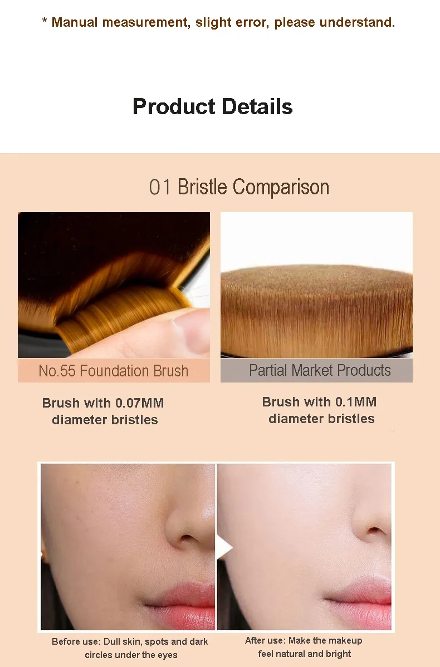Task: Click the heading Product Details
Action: click(212, 106)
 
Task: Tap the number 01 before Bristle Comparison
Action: click(160, 187)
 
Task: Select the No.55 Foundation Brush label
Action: click(114, 371)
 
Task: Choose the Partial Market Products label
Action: click(320, 370)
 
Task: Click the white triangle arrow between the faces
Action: click(223, 548)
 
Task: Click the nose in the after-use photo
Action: click(374, 526)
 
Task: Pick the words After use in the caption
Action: click(265, 640)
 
